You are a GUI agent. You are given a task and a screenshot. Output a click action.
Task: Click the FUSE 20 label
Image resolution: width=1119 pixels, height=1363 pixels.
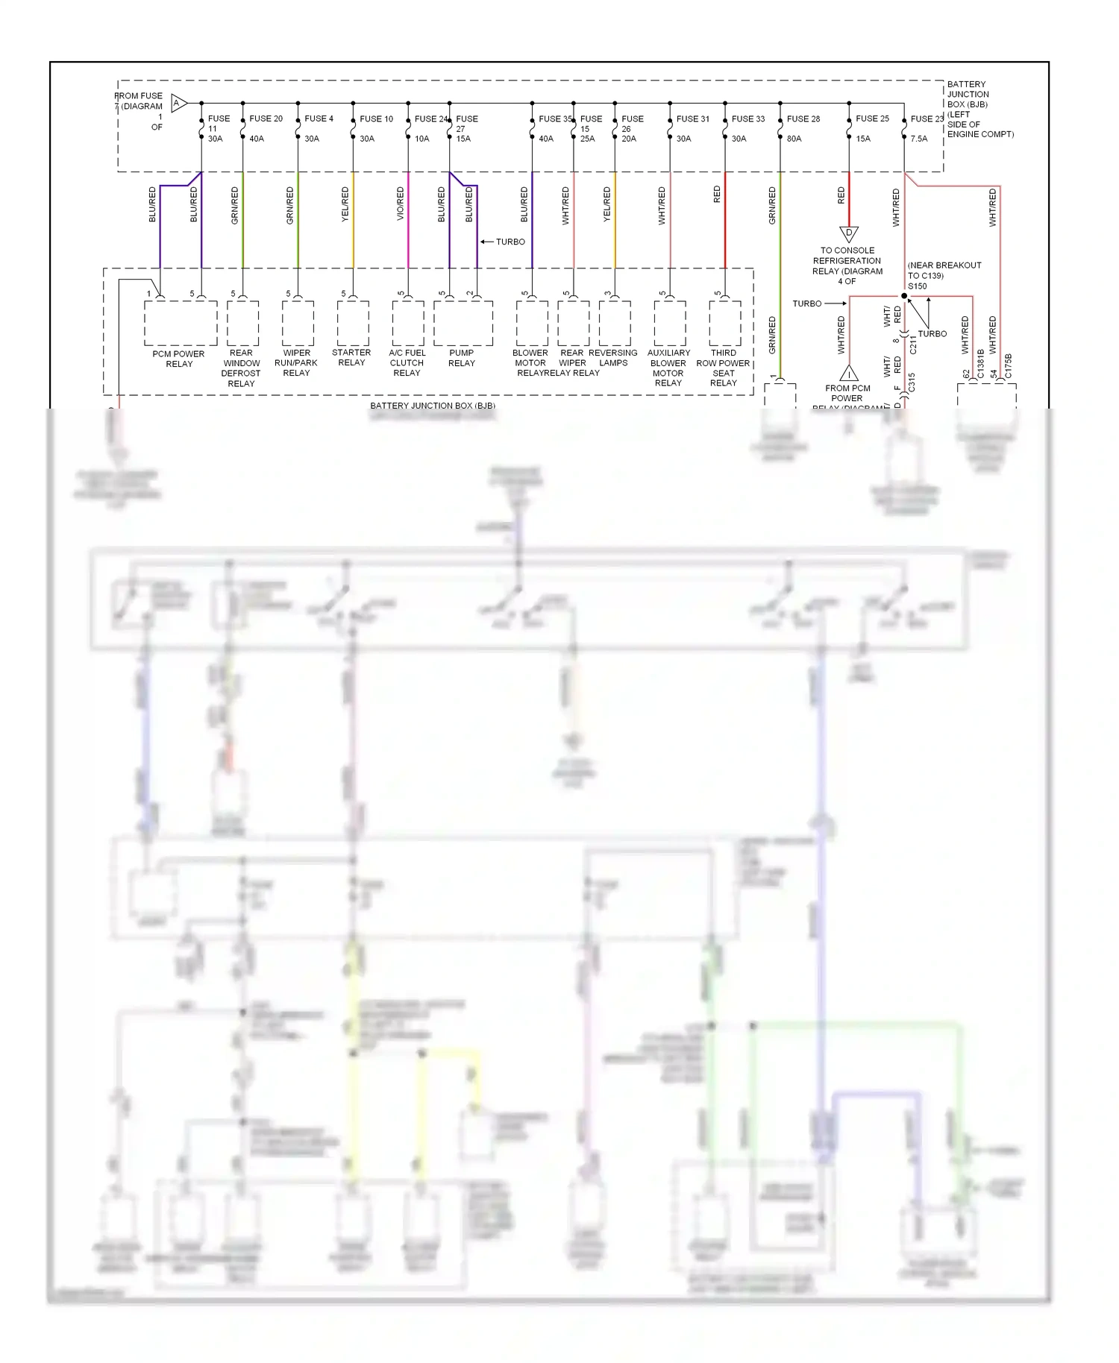266,119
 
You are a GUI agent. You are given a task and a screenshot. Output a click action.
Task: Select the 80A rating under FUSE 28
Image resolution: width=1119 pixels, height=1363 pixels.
794,139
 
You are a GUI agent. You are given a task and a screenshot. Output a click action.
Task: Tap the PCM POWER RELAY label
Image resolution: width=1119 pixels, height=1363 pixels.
178,359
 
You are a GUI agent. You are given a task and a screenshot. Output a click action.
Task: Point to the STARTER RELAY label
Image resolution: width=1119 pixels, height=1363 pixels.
351,358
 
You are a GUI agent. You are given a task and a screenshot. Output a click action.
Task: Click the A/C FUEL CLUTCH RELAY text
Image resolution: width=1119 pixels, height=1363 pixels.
407,363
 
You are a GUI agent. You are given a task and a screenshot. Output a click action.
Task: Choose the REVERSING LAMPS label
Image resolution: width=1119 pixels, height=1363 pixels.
613,358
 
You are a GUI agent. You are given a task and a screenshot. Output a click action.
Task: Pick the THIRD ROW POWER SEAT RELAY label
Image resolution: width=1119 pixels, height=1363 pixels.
723,368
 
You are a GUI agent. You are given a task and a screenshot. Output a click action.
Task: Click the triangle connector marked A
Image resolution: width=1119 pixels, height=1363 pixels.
178,103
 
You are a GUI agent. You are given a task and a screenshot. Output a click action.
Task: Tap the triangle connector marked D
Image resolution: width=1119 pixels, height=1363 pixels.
849,234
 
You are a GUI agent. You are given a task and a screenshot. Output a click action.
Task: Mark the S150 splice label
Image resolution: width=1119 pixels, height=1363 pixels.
917,286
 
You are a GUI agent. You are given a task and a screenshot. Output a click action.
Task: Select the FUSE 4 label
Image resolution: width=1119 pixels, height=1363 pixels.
319,119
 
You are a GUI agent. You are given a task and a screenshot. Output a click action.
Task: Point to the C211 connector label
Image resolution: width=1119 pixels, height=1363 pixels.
913,344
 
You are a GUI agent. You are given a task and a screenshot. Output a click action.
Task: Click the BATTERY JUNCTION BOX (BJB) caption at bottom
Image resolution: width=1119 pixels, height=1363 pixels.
433,406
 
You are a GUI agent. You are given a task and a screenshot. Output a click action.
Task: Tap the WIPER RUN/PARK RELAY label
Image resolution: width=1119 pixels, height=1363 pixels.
296,363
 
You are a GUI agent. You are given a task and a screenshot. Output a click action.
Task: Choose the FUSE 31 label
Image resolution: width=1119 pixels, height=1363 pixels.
693,119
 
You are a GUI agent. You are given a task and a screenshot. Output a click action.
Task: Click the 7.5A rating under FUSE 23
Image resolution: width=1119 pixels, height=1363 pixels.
919,139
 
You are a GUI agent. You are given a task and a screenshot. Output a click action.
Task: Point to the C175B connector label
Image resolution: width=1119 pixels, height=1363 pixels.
1009,366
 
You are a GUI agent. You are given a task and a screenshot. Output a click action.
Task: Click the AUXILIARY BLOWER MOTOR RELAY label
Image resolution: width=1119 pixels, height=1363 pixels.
668,368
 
